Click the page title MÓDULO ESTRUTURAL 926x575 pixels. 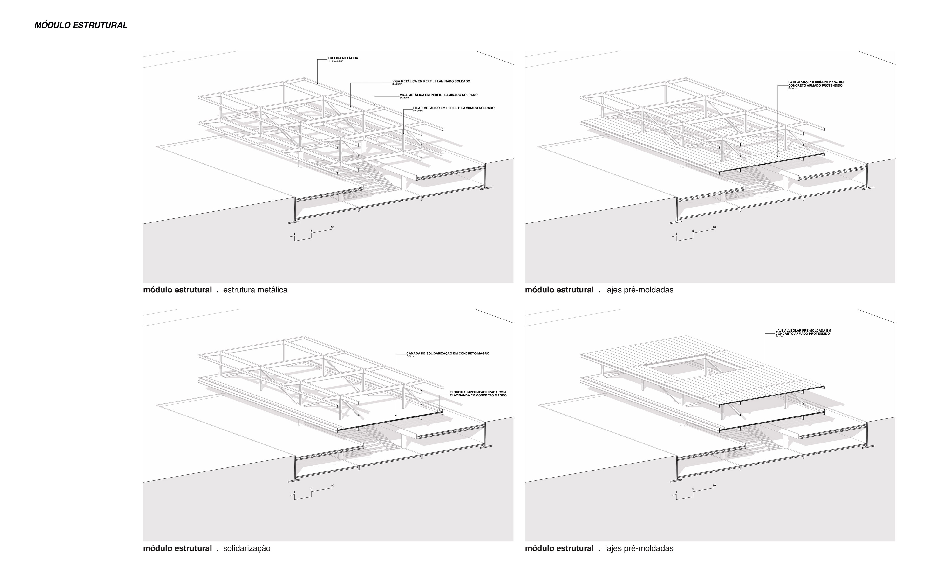pos(81,26)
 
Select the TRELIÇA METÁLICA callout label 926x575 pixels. pos(342,58)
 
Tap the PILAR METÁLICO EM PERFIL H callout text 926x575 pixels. pos(454,108)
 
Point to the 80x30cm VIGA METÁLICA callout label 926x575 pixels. pos(431,81)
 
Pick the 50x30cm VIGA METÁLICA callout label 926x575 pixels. pos(438,95)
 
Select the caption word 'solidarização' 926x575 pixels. pos(247,548)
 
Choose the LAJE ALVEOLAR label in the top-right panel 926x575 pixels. pos(809,84)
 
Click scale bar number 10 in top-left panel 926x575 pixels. pos(332,227)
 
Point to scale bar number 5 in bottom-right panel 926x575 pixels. pos(693,489)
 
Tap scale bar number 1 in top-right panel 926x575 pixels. pos(676,234)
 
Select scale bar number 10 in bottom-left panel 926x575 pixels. pos(332,486)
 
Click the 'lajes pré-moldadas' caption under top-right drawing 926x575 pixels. pos(639,290)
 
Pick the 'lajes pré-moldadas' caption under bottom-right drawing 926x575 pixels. pos(639,548)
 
